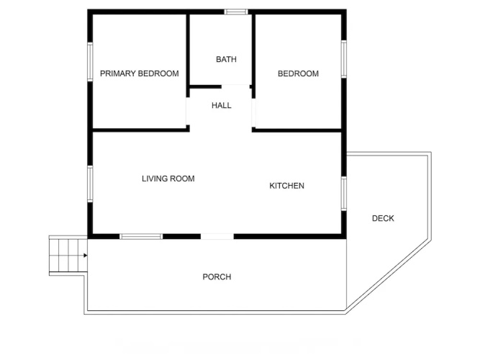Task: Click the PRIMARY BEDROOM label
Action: coord(140,73)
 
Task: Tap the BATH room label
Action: coord(226,59)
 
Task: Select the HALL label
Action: coord(222,105)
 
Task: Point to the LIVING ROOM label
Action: coord(168,179)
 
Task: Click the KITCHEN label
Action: coord(287,186)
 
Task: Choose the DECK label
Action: coord(383,218)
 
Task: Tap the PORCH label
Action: coord(217,277)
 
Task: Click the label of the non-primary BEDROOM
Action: coord(298,73)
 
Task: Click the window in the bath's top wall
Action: coord(236,12)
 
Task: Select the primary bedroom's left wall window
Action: coord(90,62)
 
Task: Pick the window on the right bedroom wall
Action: coord(344,59)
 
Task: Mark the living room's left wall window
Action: coord(90,184)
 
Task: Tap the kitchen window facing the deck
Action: coord(344,194)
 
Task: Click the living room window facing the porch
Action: coord(141,236)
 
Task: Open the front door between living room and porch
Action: coord(217,236)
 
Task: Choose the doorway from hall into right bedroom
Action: coord(253,113)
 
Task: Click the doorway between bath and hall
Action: coord(236,86)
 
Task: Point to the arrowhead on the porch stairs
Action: coord(86,255)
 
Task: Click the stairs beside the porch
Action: coord(68,255)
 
